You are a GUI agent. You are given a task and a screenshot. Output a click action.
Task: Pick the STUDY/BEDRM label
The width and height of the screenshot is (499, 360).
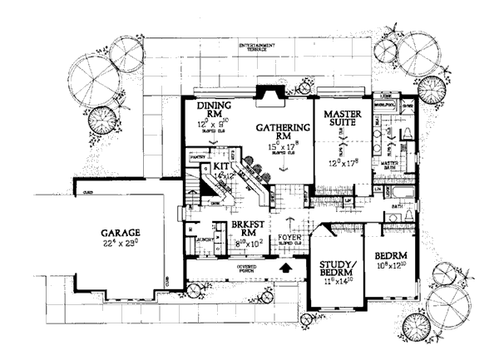click(337, 271)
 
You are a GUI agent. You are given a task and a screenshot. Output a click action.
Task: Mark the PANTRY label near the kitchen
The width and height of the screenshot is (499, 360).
click(197, 155)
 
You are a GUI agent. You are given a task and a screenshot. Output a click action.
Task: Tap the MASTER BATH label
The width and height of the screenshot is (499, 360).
click(393, 165)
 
